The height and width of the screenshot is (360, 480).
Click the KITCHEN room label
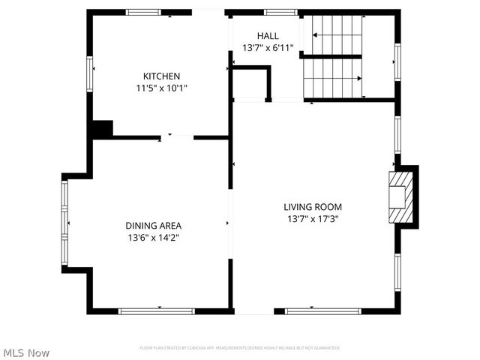[161, 76]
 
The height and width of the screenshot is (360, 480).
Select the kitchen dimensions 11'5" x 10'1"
[161, 88]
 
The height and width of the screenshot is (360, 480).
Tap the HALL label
[268, 36]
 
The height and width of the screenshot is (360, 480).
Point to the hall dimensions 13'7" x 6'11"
[268, 48]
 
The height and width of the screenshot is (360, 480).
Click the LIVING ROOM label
[313, 207]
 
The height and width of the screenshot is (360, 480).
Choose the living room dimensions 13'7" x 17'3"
[313, 219]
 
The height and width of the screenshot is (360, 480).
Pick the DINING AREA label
[153, 225]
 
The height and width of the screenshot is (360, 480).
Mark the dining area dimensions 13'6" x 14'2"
[153, 237]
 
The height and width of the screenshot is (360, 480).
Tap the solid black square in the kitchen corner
[101, 129]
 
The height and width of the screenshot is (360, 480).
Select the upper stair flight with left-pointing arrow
[337, 34]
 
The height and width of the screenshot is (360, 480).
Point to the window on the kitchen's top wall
[144, 13]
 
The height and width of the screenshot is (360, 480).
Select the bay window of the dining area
[64, 223]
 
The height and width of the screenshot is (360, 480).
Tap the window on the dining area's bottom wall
[157, 310]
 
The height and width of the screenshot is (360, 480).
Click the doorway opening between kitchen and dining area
[177, 137]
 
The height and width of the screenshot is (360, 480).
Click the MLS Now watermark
[27, 352]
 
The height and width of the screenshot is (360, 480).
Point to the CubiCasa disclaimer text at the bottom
[240, 348]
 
